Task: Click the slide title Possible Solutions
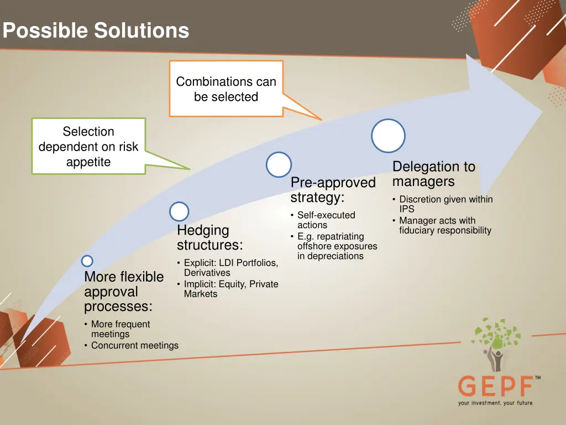click(x=96, y=30)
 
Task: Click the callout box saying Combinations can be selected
click(x=226, y=89)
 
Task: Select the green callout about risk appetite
click(x=88, y=147)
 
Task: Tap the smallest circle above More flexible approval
click(x=87, y=261)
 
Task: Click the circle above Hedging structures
click(x=179, y=211)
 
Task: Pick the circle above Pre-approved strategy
click(x=279, y=164)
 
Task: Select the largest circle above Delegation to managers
click(x=388, y=136)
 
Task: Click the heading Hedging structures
click(x=209, y=237)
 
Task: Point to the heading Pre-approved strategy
click(x=333, y=190)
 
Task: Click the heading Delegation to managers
click(x=433, y=174)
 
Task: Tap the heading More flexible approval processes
click(x=124, y=292)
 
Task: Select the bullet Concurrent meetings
click(x=134, y=345)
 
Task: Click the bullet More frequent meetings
click(x=120, y=329)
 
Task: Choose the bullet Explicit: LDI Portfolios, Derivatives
click(x=230, y=267)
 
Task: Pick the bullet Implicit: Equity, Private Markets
click(x=230, y=289)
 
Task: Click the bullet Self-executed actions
click(x=325, y=220)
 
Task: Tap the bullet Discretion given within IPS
click(x=445, y=204)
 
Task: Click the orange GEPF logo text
click(x=495, y=386)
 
